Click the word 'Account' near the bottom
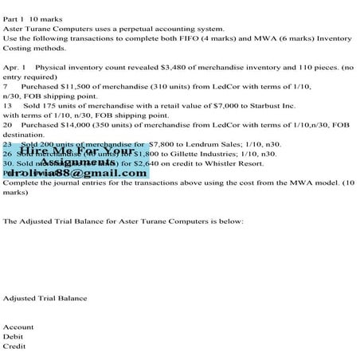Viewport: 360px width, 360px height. (18, 327)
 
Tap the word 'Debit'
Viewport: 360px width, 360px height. (14, 336)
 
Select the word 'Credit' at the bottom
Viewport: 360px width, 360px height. (15, 346)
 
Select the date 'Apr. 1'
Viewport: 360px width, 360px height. (15, 69)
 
